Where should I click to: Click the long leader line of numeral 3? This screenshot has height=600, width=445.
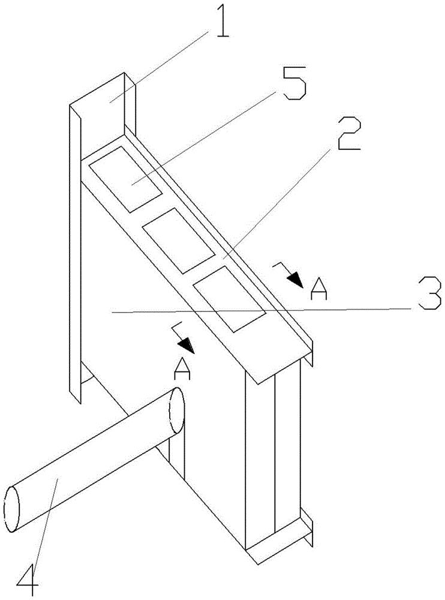258,310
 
